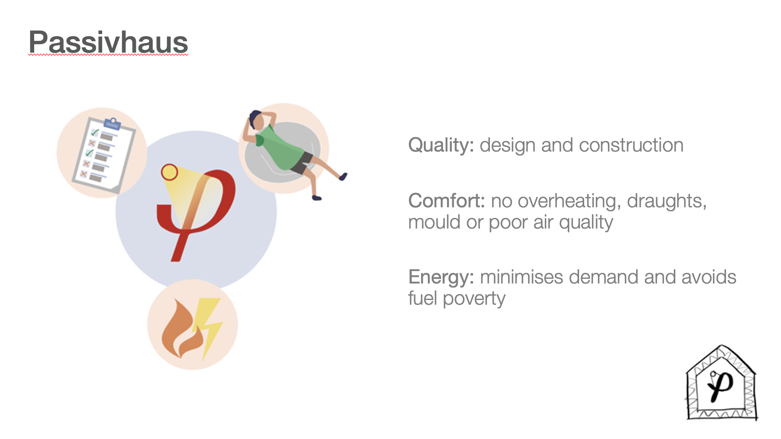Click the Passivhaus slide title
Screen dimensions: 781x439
pos(108,42)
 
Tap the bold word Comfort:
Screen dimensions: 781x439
pos(447,201)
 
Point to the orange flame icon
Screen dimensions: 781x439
pos(183,329)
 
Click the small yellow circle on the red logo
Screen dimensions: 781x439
pos(170,172)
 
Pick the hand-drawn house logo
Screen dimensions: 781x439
pos(722,383)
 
